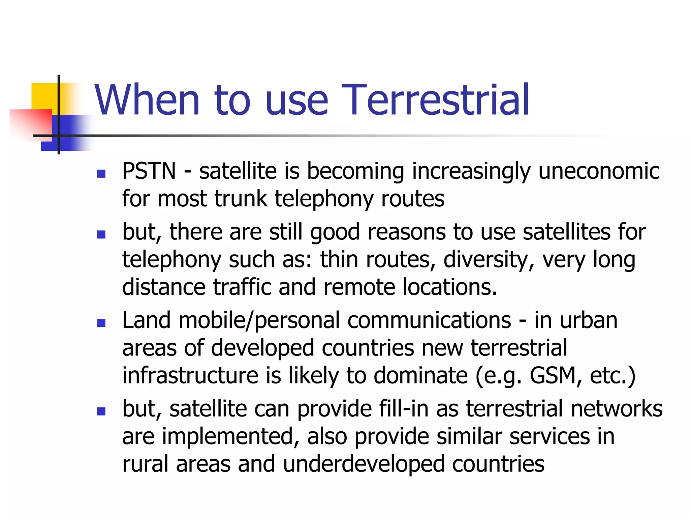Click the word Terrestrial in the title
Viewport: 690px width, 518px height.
pos(435,100)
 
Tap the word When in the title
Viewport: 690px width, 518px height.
pos(147,100)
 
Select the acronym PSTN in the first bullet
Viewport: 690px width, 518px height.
pos(149,171)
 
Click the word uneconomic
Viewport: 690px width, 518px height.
pos(599,171)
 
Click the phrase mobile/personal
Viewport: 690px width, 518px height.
pos(259,320)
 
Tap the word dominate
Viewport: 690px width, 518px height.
pos(420,375)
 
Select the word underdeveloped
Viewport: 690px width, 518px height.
pos(364,464)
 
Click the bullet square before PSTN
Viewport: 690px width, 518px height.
pos(101,174)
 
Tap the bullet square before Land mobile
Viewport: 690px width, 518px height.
pos(101,323)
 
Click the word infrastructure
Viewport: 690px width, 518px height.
pos(190,375)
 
